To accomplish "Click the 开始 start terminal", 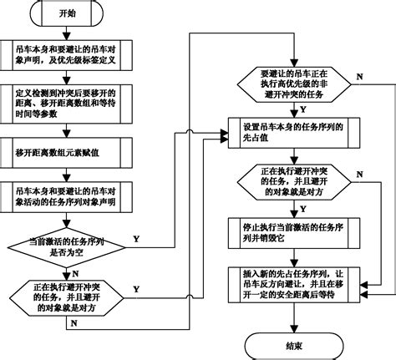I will point(67,15).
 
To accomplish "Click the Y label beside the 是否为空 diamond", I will point(135,238).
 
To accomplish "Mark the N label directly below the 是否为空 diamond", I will point(77,271).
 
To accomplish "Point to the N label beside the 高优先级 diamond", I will point(359,78).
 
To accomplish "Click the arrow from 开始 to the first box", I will point(67,33).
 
